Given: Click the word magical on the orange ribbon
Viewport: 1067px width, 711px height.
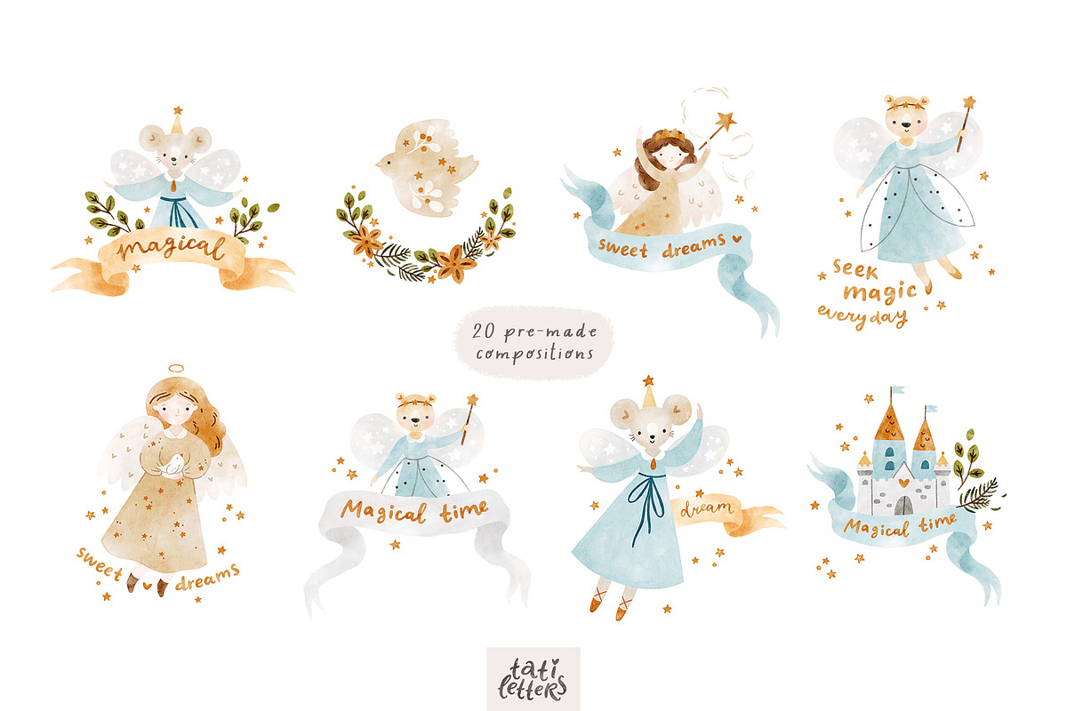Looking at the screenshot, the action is click(x=171, y=248).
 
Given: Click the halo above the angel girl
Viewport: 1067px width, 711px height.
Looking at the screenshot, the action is click(x=176, y=369).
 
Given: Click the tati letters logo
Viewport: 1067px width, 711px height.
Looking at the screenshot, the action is click(x=533, y=679).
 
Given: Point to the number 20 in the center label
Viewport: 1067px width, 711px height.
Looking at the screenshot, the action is click(x=484, y=331).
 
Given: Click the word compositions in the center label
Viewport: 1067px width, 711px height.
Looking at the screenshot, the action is click(x=534, y=355).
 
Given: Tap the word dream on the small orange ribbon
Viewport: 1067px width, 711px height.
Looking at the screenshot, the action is click(x=706, y=508).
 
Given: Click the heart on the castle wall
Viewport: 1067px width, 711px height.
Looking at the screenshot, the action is click(x=903, y=483).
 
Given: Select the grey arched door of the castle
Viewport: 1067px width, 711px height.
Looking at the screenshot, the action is click(x=903, y=506).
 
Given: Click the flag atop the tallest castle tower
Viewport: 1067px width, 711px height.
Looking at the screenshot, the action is click(x=898, y=389).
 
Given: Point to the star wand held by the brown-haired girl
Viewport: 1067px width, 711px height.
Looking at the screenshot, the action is click(x=718, y=129).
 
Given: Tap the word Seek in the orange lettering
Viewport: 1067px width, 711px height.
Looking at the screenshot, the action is click(x=855, y=269).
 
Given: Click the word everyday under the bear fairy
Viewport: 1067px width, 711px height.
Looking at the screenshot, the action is click(x=862, y=317).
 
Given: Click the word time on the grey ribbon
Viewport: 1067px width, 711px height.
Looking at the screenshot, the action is click(x=463, y=511).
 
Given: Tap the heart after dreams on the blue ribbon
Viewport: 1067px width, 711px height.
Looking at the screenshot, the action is click(x=736, y=238).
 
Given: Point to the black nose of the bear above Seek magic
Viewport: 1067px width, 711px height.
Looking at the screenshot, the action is click(x=906, y=125).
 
